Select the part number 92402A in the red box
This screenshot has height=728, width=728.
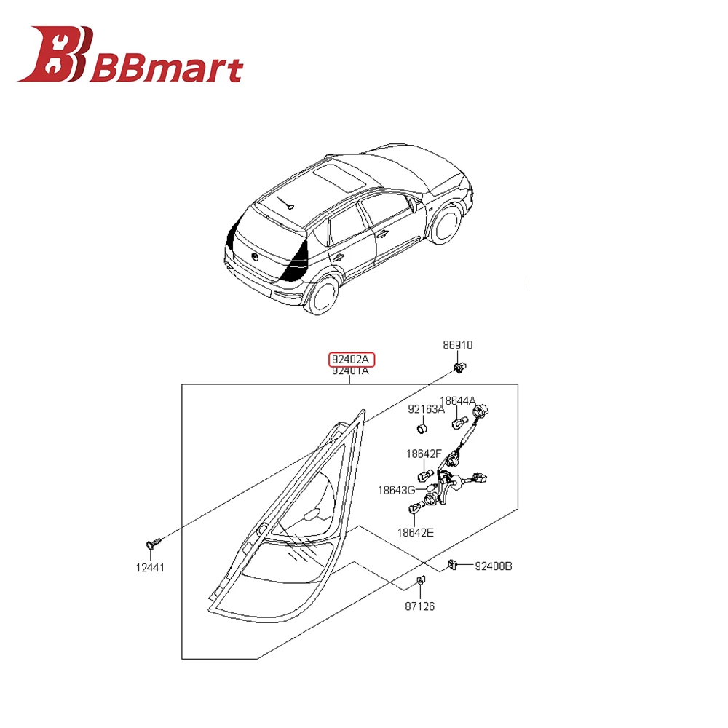pyautogui.click(x=352, y=360)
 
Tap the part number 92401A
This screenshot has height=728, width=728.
pyautogui.click(x=350, y=371)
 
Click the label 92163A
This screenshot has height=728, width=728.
pyautogui.click(x=426, y=409)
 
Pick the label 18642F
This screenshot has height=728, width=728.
pyautogui.click(x=424, y=454)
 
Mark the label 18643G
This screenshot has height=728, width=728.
pyautogui.click(x=396, y=490)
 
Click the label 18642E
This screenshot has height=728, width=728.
pyautogui.click(x=415, y=532)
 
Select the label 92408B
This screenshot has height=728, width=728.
pyautogui.click(x=494, y=566)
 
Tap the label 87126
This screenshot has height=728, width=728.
pyautogui.click(x=420, y=606)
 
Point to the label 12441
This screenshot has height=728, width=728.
pyautogui.click(x=150, y=567)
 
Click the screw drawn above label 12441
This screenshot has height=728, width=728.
pyautogui.click(x=153, y=542)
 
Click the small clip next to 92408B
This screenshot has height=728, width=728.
pyautogui.click(x=452, y=564)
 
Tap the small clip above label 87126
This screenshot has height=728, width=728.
pyautogui.click(x=421, y=581)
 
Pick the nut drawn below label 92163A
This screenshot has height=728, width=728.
pyautogui.click(x=421, y=428)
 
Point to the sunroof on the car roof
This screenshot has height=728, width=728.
pyautogui.click(x=339, y=177)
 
